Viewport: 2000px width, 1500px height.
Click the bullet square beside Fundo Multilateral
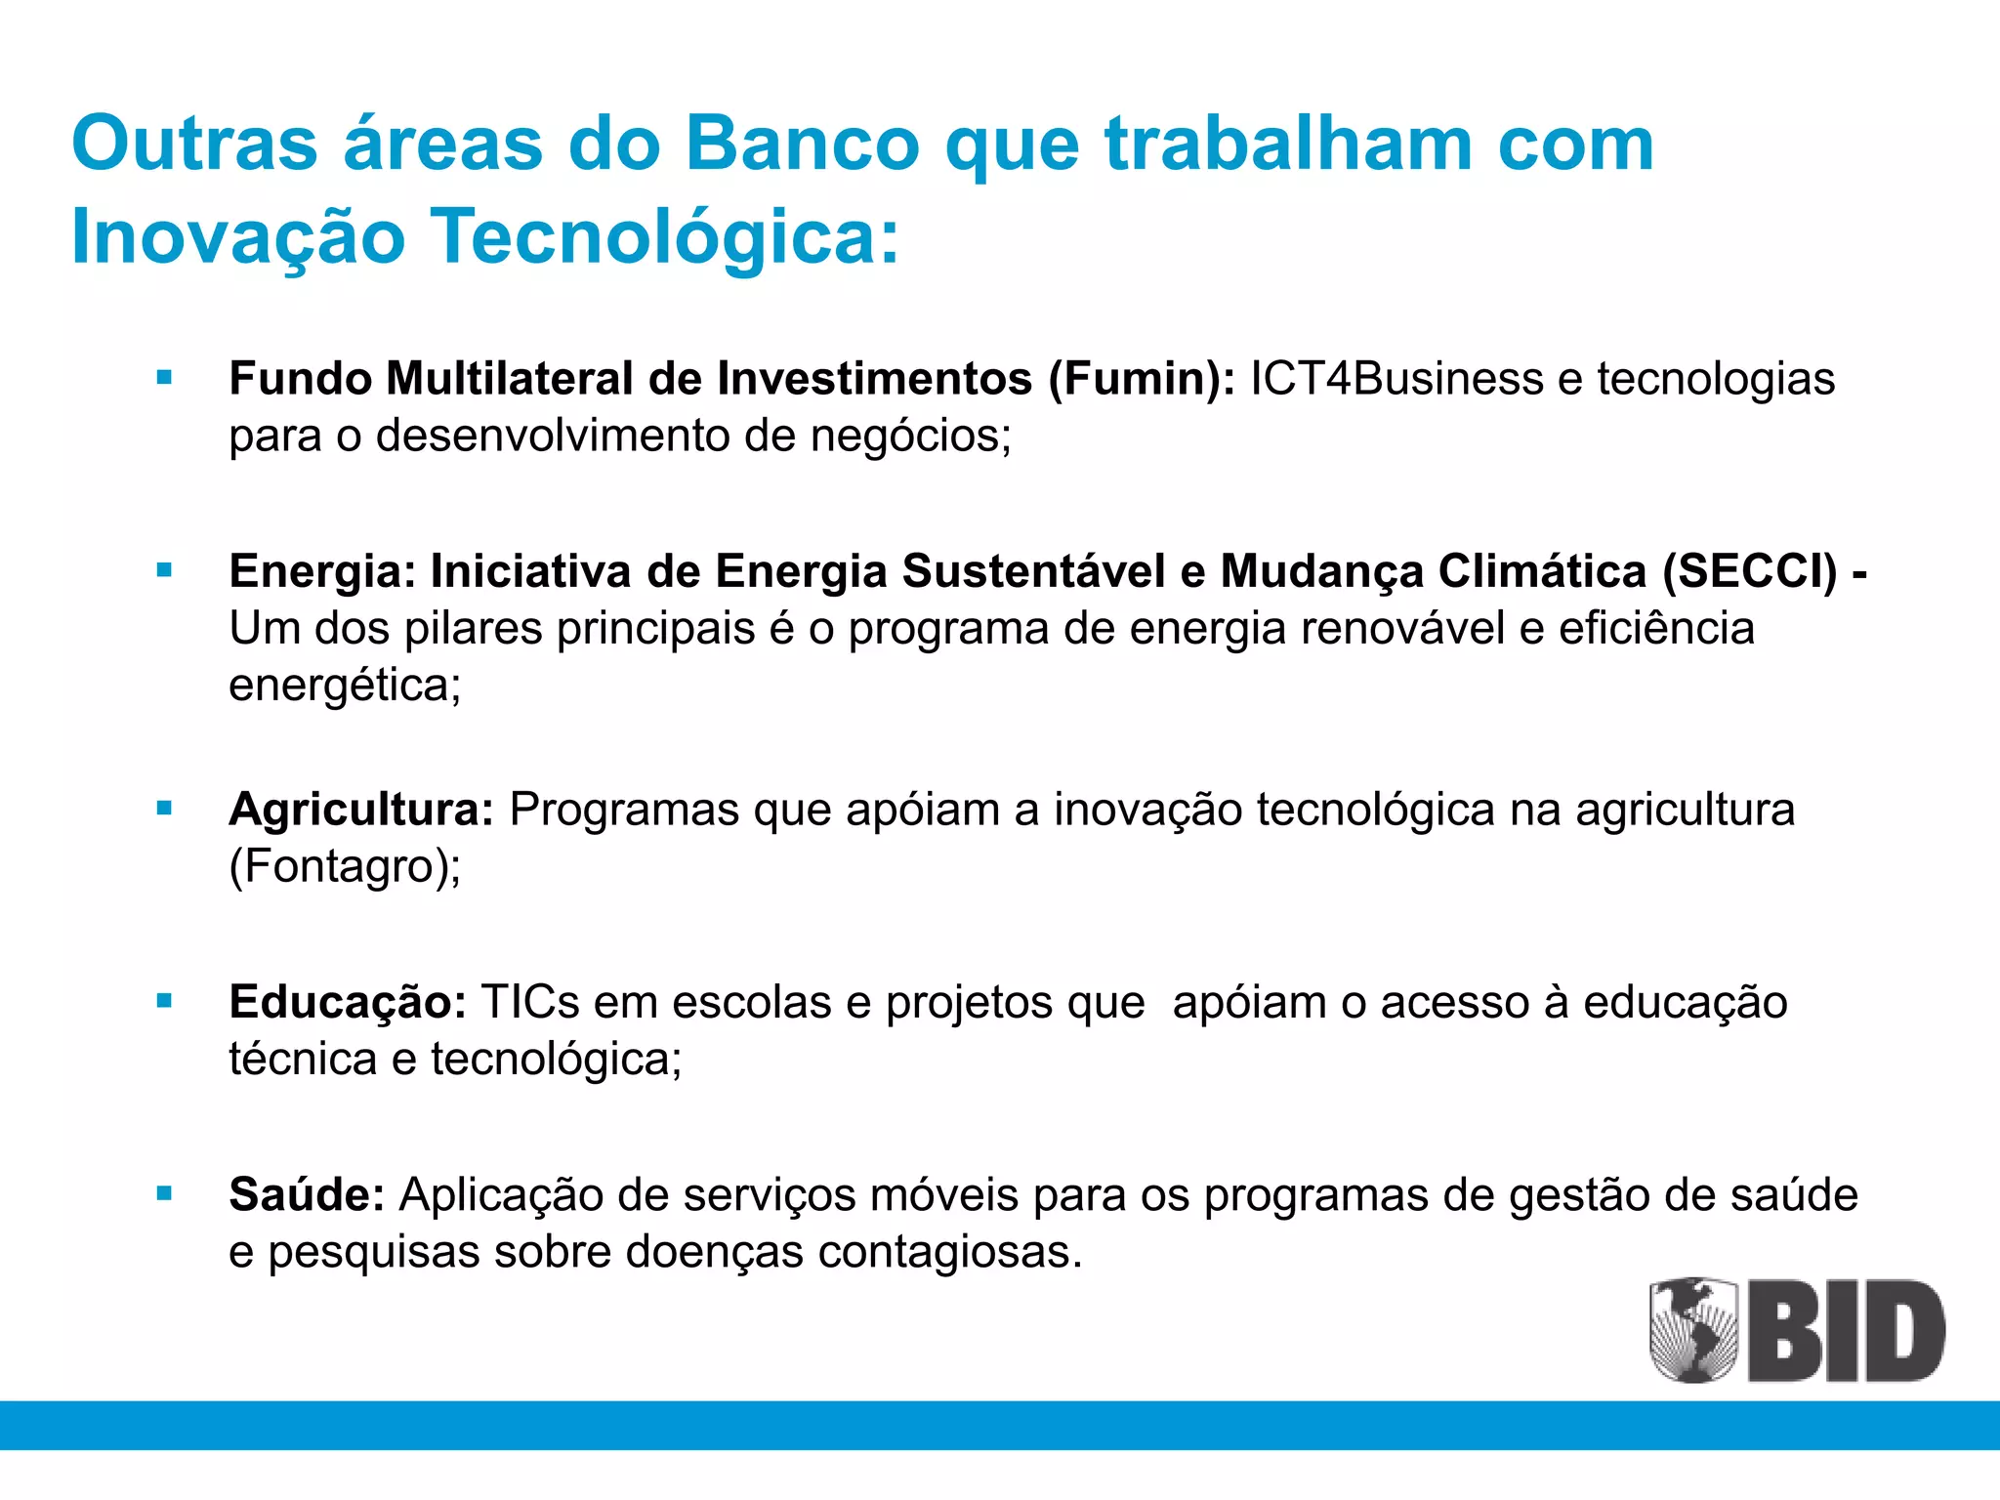click(164, 378)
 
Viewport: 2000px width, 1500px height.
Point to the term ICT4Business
click(1396, 379)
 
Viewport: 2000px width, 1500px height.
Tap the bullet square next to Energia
click(164, 570)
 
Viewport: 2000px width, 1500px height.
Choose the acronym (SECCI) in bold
click(1750, 571)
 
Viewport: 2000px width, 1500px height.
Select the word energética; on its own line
click(345, 686)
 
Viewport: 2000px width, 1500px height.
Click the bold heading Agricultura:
click(361, 810)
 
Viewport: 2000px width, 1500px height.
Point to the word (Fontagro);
click(345, 866)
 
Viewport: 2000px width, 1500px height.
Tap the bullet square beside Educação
click(164, 1001)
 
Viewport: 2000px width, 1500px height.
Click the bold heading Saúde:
click(307, 1194)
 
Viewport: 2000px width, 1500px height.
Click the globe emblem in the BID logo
click(1693, 1329)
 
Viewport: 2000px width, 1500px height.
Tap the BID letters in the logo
click(1846, 1331)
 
